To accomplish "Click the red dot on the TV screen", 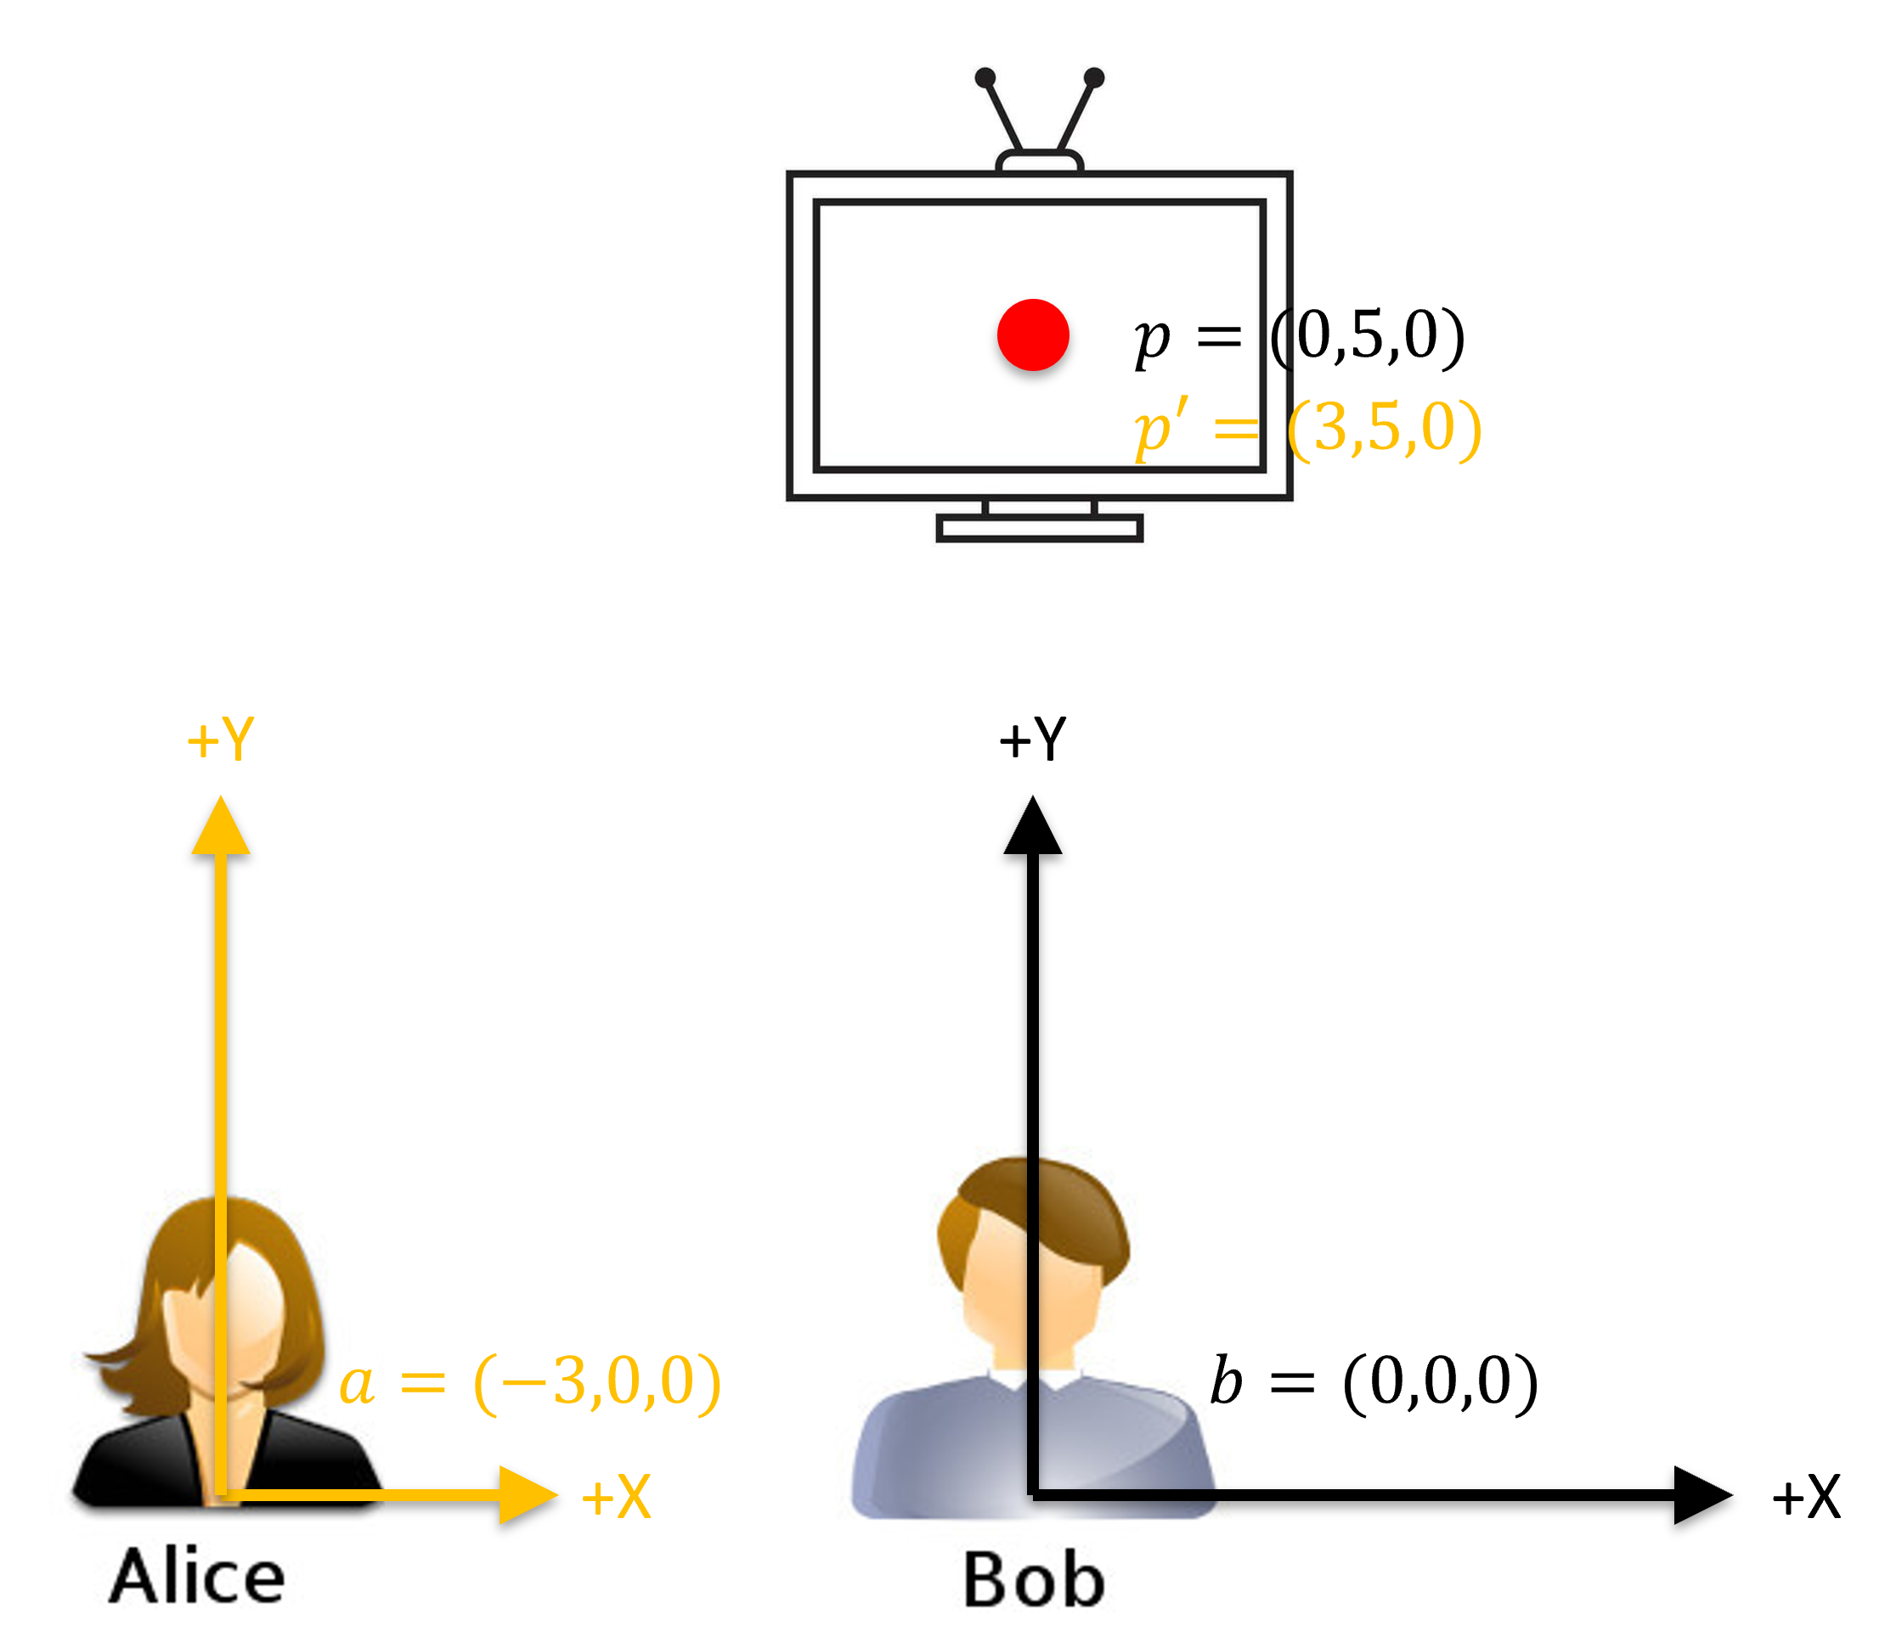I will tap(1033, 335).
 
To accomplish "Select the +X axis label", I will tap(617, 1497).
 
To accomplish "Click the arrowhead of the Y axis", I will tap(220, 826).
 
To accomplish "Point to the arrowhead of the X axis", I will tap(528, 1495).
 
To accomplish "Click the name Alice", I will tap(197, 1577).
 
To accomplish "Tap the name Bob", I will tap(1034, 1580).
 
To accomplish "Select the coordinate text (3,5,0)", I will tap(1384, 428).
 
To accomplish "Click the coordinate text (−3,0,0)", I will tap(597, 1382).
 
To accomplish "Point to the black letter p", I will tap(1152, 342).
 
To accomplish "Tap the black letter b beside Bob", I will tap(1226, 1381).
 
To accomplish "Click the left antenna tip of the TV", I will tap(985, 78).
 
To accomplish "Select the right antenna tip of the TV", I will tap(1095, 78).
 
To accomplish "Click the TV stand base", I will tap(1039, 528).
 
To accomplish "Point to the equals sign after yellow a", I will tap(423, 1383).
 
